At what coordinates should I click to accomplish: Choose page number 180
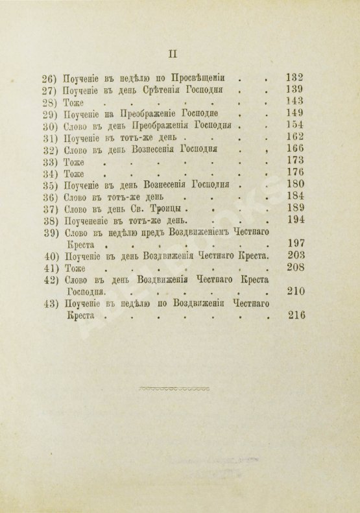[x=296, y=196]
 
